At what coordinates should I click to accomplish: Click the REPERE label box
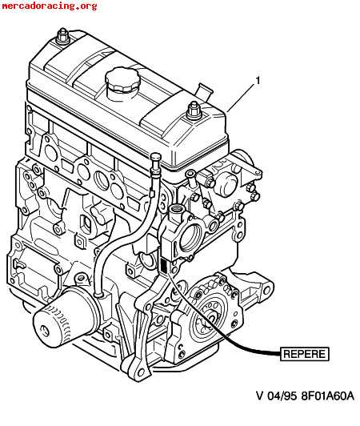coord(305,354)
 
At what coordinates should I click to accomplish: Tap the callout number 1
coord(258,81)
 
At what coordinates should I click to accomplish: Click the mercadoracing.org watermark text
coord(49,6)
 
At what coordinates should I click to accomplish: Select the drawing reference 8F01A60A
coord(328,396)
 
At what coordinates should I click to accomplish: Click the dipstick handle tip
coord(155,157)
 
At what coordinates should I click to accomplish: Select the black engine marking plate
coord(164,266)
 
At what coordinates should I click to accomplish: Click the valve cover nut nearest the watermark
coord(62,36)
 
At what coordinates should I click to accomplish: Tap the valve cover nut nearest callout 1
coord(194,111)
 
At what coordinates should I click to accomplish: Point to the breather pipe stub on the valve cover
coord(203,92)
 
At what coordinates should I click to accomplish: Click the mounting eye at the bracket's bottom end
coord(140,372)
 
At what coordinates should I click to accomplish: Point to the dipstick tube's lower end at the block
coord(98,295)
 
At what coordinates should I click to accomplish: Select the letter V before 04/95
coord(260,396)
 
